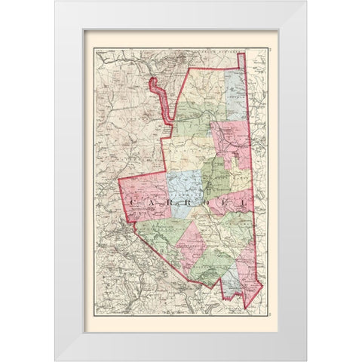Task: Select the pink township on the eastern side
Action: pyautogui.click(x=230, y=140)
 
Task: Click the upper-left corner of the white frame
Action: pyautogui.click(x=56, y=2)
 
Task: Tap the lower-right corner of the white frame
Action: pyautogui.click(x=306, y=359)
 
